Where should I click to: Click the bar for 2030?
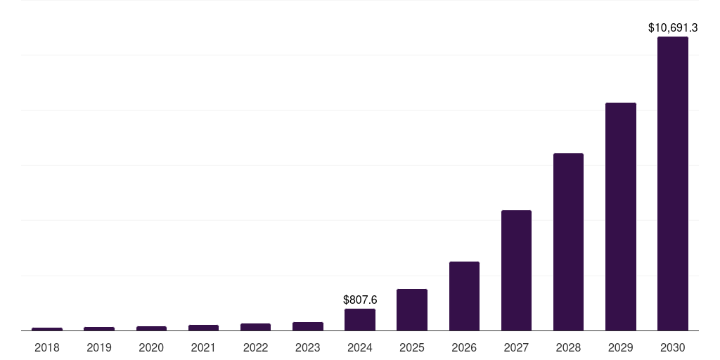click(672, 184)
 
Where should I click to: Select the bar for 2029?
click(620, 217)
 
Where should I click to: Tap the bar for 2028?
click(568, 242)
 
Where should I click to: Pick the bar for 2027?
click(516, 271)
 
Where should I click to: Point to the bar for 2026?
click(464, 296)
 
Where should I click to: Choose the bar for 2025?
click(412, 310)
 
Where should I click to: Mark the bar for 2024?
click(360, 320)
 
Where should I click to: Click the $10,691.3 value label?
click(672, 28)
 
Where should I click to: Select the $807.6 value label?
click(360, 300)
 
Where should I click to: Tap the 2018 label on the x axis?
click(47, 347)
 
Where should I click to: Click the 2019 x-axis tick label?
click(99, 347)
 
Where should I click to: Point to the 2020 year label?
click(151, 347)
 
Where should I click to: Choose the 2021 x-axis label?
click(203, 347)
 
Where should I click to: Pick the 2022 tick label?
click(255, 347)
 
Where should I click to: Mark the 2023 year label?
click(308, 347)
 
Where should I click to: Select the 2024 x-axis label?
click(360, 347)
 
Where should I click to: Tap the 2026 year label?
click(464, 347)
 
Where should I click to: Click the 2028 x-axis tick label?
click(568, 347)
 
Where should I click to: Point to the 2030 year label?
click(672, 347)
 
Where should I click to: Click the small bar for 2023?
click(308, 326)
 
